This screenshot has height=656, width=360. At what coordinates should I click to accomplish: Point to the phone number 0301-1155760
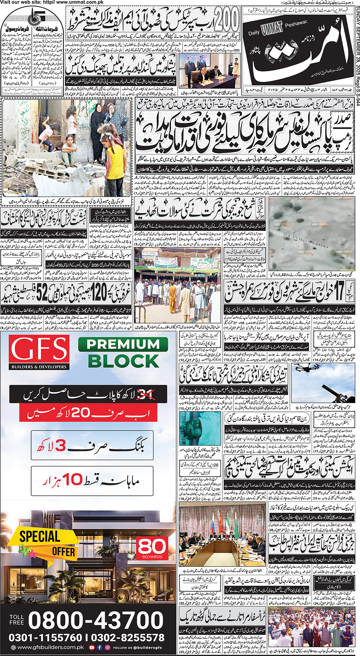pos(45,638)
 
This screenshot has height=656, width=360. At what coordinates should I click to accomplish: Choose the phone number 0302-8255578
pos(127,638)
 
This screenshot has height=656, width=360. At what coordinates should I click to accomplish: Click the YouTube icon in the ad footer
pos(92,647)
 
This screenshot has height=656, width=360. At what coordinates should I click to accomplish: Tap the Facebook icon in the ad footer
pos(100,647)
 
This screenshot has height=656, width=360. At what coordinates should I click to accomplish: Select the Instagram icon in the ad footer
pos(107,647)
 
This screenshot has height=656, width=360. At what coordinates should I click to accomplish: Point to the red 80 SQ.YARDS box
pos(152,548)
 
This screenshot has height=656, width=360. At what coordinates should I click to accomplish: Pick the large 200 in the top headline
pos(225,20)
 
